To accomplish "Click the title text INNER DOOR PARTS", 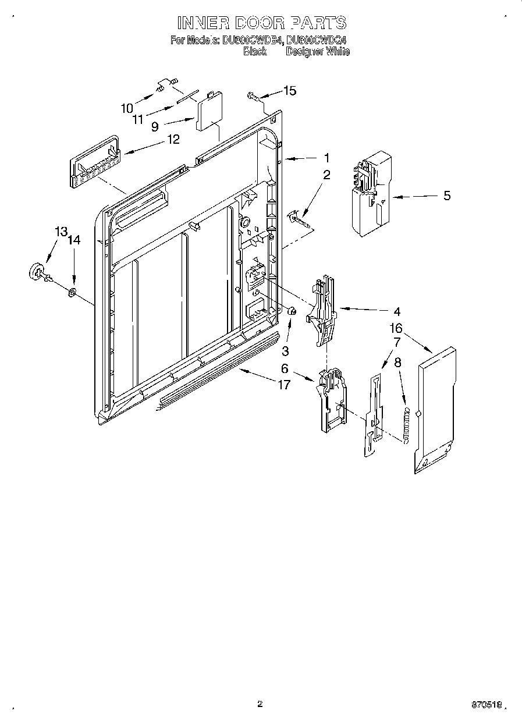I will [x=261, y=23].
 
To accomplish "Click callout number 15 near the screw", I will [x=289, y=90].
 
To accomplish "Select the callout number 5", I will [x=446, y=196].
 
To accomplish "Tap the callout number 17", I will [x=283, y=385].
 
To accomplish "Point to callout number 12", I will [x=173, y=139].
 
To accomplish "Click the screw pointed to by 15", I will [x=253, y=95].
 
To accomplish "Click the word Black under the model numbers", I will [x=254, y=52].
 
